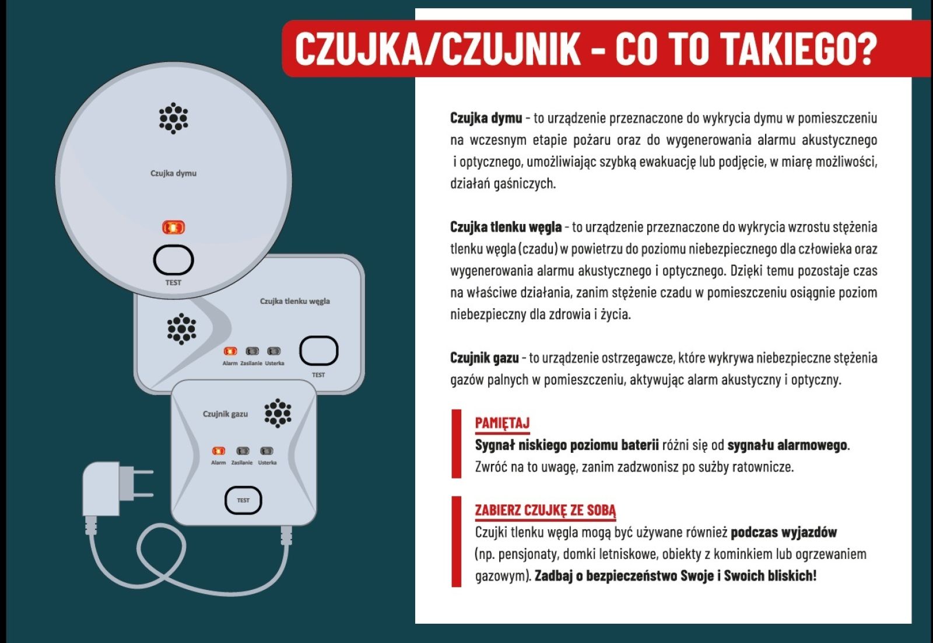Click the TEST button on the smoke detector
(173, 260)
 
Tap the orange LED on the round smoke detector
(174, 228)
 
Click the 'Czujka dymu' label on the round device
(173, 173)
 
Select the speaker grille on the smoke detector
(173, 118)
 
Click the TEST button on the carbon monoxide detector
(318, 351)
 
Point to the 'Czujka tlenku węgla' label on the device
(295, 301)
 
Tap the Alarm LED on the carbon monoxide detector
(230, 351)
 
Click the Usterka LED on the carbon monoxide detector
(274, 351)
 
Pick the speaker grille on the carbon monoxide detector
(181, 329)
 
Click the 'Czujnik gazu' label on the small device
(225, 414)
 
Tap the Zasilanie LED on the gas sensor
(243, 451)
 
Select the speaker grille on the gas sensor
(278, 413)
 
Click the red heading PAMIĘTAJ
(502, 424)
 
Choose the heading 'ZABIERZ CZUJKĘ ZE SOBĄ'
(545, 511)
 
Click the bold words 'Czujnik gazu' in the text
(485, 358)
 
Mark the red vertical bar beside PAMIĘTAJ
(457, 444)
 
